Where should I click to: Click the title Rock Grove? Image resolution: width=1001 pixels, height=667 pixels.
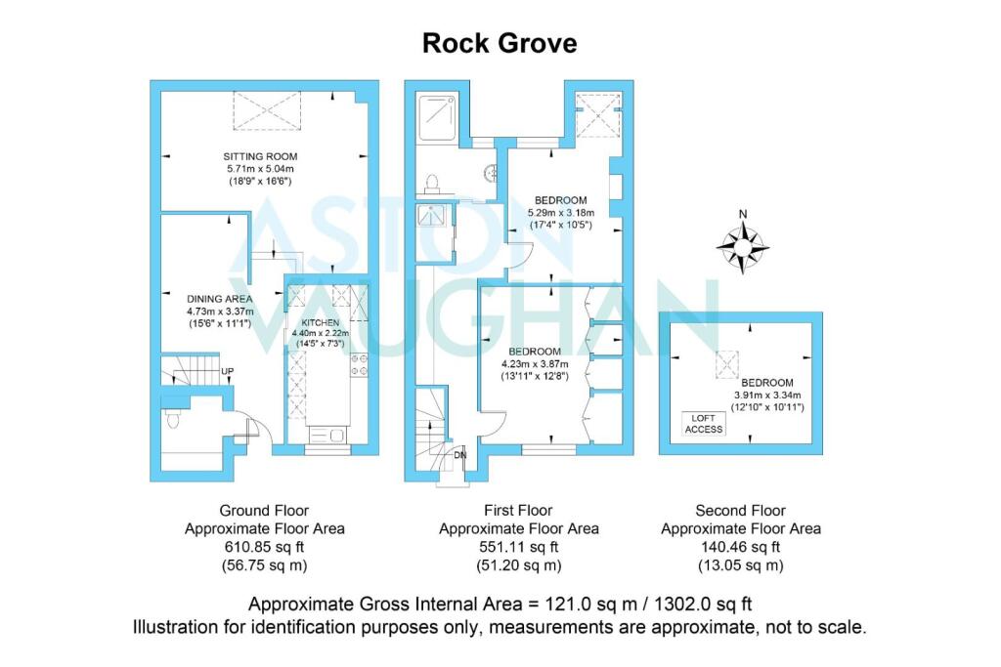(x=500, y=43)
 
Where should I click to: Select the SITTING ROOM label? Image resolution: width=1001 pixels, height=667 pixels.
(x=260, y=156)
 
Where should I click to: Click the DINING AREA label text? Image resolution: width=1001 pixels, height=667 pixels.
(x=220, y=299)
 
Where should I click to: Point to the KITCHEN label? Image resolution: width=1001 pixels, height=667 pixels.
(x=320, y=322)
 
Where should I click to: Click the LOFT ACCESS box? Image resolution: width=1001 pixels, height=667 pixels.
(x=703, y=423)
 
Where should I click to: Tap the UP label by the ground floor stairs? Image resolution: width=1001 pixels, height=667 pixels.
(x=227, y=372)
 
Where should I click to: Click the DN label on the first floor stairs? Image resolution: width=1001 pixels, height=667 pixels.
(x=459, y=454)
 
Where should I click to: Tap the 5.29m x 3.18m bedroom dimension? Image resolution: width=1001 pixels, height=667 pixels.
(x=560, y=214)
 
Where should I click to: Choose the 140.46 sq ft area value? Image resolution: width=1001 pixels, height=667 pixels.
(x=740, y=547)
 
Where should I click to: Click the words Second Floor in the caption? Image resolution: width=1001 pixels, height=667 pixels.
(x=740, y=510)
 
